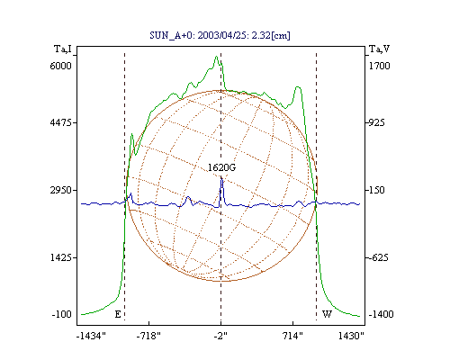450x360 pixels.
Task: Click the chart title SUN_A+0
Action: [x=169, y=35]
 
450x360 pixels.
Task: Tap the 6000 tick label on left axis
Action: [x=61, y=66]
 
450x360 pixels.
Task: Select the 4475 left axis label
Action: [x=61, y=122]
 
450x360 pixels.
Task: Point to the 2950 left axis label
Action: [x=61, y=190]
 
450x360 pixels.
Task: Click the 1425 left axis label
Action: [x=61, y=257]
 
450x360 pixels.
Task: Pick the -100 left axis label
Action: [x=62, y=314]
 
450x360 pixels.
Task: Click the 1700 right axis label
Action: [x=379, y=66]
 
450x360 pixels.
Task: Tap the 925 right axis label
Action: [x=376, y=122]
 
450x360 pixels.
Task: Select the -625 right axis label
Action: [x=378, y=257]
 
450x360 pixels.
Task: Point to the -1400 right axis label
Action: [x=381, y=314]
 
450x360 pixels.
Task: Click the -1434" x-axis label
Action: [x=91, y=336]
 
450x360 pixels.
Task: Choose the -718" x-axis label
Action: [x=148, y=336]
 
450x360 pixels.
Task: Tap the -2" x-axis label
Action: [x=220, y=336]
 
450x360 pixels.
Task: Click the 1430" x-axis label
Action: [x=351, y=336]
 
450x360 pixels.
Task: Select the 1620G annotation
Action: [x=222, y=167]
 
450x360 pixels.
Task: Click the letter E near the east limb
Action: [x=118, y=314]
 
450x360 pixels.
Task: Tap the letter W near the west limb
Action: [x=327, y=314]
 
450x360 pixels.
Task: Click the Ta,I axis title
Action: [x=63, y=49]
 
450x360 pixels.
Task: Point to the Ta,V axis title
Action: [x=379, y=49]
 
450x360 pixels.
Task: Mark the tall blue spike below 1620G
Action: [x=221, y=192]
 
